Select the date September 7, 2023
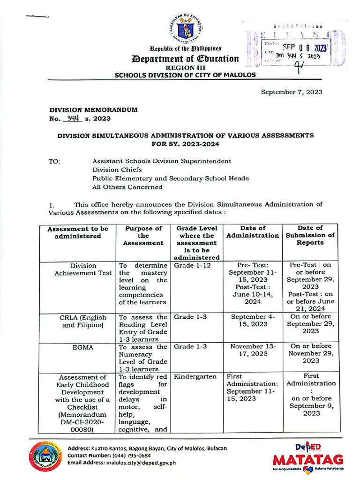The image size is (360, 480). (x=292, y=92)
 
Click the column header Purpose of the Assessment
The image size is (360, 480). (x=143, y=236)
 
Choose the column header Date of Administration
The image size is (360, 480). (x=253, y=232)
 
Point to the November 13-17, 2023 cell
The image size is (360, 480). (x=253, y=351)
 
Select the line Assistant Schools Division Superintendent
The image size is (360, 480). (x=162, y=161)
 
